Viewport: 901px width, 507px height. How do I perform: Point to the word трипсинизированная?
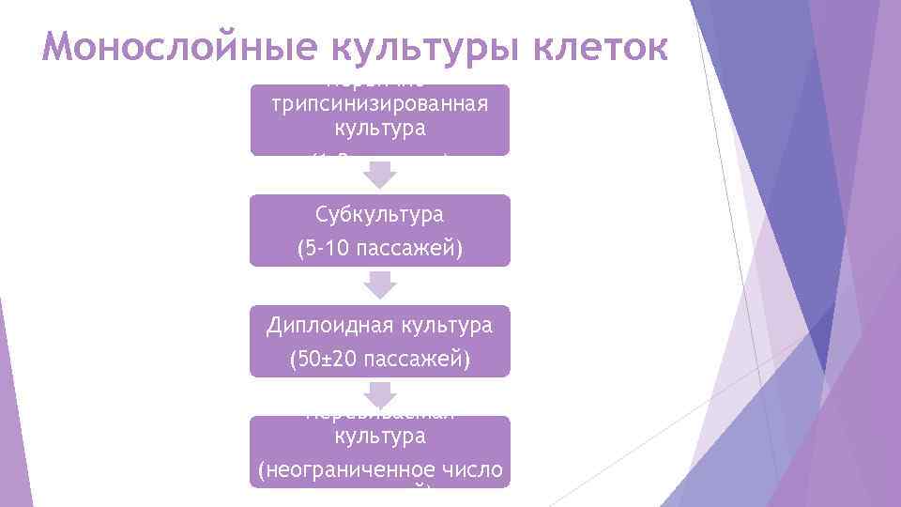[379, 102]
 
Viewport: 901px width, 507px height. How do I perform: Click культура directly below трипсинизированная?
[379, 126]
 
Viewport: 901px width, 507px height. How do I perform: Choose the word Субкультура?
[379, 215]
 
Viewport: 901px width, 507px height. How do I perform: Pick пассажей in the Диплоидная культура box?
[415, 359]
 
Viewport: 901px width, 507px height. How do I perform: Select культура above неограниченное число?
[379, 437]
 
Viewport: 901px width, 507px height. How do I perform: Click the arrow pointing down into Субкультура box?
[380, 176]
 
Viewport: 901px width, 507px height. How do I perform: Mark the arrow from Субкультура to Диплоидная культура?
[380, 285]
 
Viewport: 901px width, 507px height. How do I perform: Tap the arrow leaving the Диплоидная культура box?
[380, 396]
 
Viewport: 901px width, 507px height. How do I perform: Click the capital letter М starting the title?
[57, 47]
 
